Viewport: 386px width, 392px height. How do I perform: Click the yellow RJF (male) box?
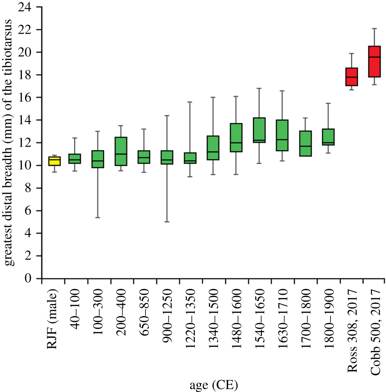[x=54, y=161]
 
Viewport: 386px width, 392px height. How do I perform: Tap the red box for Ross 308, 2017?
[x=352, y=77]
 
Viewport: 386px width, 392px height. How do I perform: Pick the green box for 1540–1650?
[x=259, y=130]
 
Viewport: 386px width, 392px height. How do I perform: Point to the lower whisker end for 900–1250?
[x=167, y=222]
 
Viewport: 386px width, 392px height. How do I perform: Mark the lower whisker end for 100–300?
[x=98, y=217]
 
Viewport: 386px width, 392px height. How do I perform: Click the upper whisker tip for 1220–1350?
[x=190, y=102]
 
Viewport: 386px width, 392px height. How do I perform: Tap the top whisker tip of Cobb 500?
[x=374, y=28]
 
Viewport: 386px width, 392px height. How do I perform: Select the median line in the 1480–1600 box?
[x=236, y=143]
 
